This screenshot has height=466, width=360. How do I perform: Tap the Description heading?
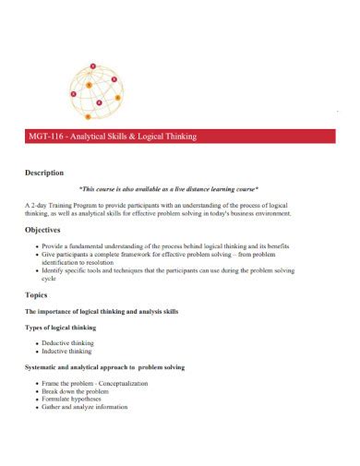point(43,173)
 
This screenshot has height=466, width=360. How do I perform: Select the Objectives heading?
point(42,230)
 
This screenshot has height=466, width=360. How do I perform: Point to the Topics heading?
point(36,295)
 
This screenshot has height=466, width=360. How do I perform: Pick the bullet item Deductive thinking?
point(67,342)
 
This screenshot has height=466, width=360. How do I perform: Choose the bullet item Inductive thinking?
point(66,351)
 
